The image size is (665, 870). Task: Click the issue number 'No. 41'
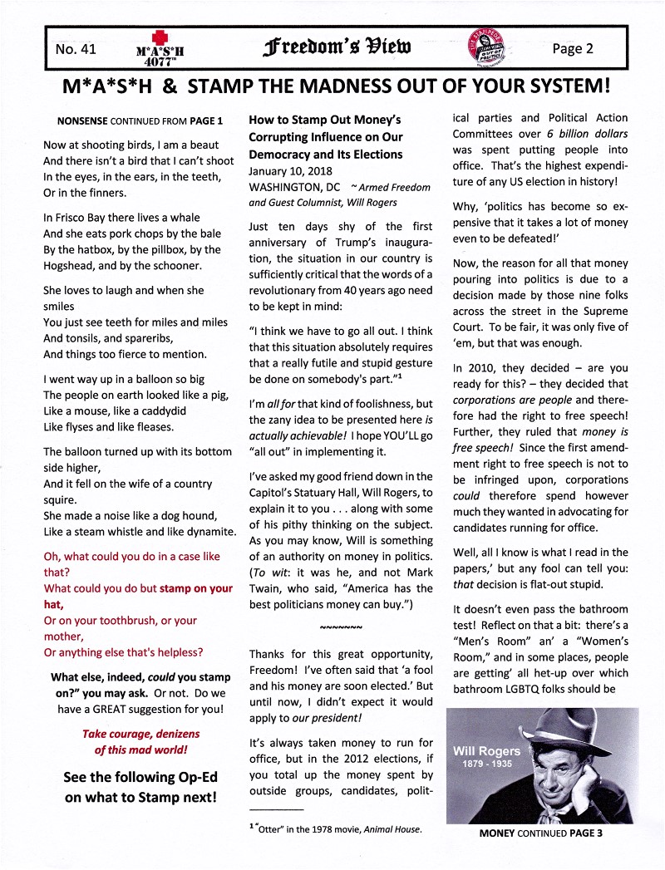pyautogui.click(x=76, y=49)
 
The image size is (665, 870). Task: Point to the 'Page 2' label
pyautogui.click(x=573, y=49)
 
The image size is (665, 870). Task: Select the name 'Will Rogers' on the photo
pyautogui.click(x=486, y=751)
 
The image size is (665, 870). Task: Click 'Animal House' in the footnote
pyautogui.click(x=392, y=829)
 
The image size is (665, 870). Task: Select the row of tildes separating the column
pyautogui.click(x=341, y=625)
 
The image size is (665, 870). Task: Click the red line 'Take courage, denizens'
pyautogui.click(x=140, y=734)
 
